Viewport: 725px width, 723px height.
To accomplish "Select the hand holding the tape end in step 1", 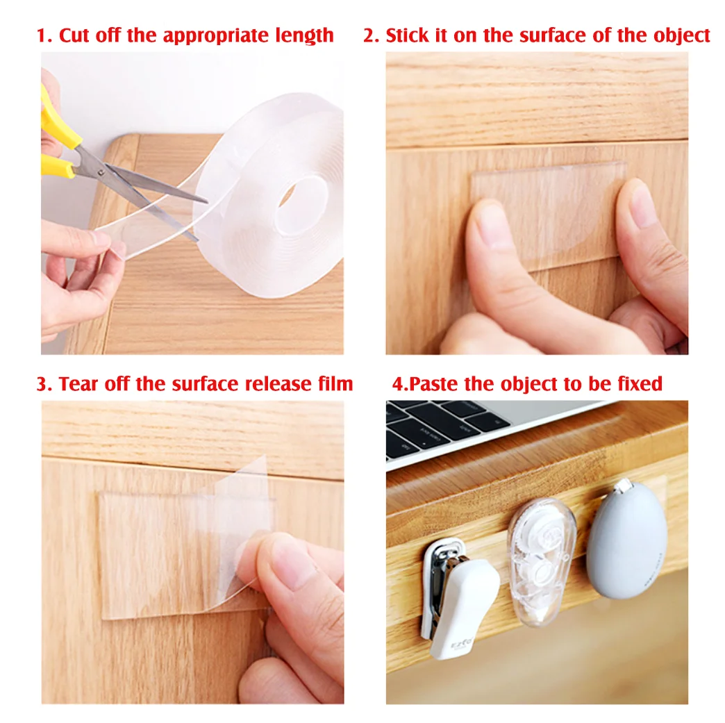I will pos(76,278).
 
